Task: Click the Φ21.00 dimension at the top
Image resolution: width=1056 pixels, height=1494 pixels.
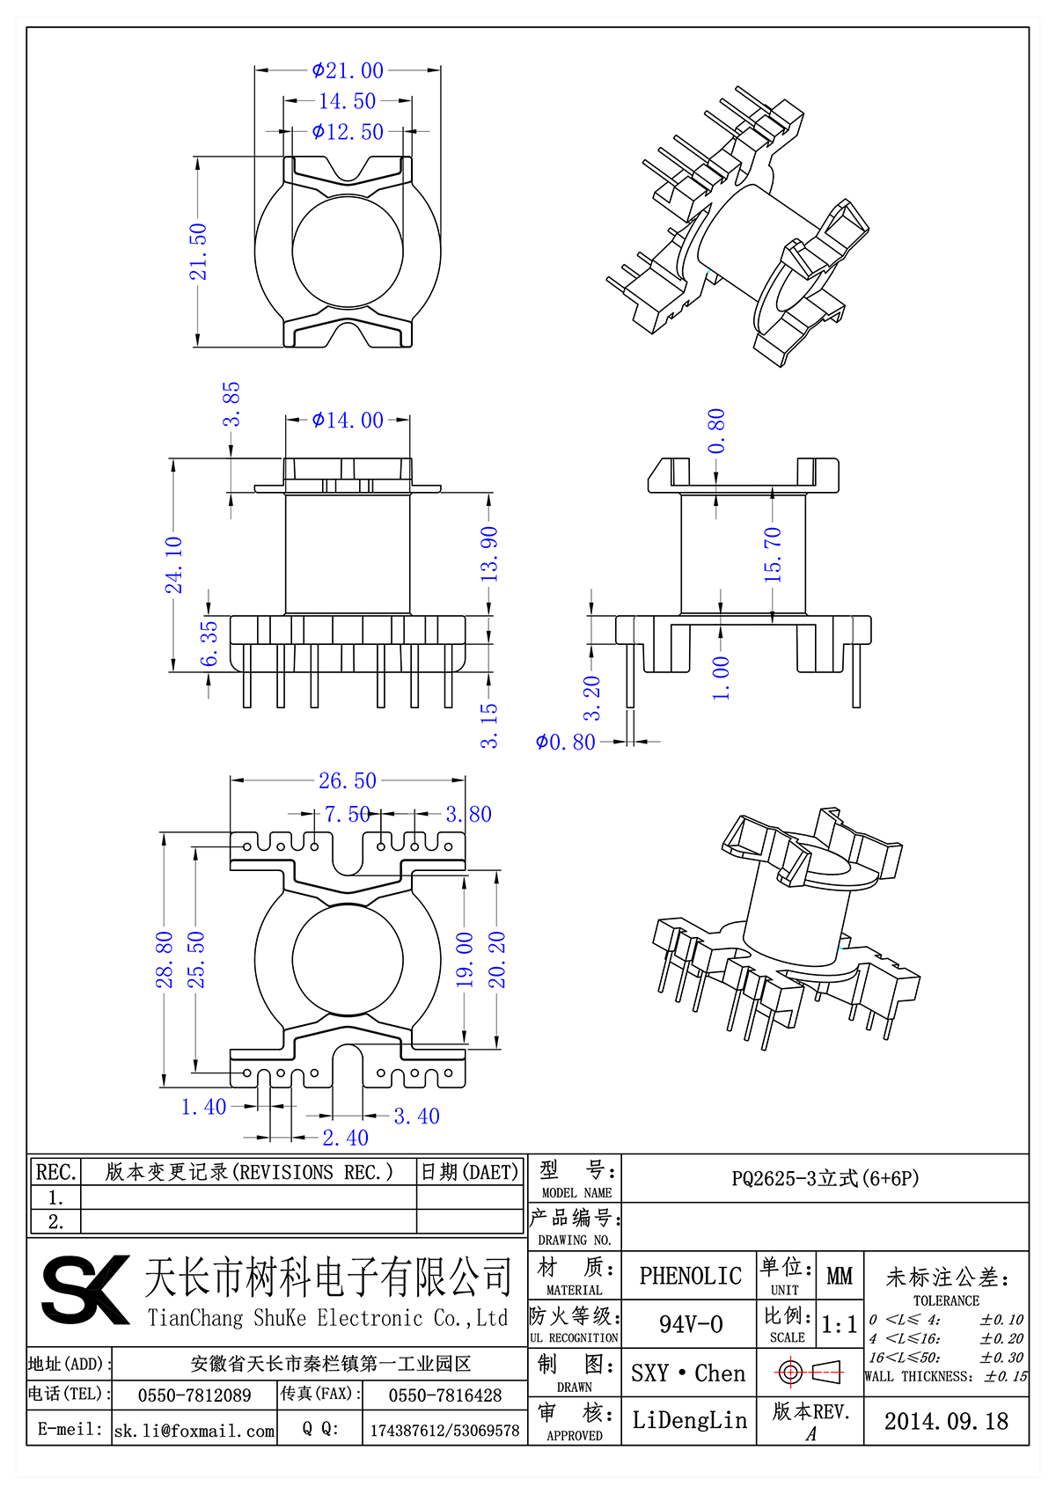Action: pos(348,70)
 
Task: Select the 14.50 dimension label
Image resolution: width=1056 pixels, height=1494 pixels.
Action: pos(347,101)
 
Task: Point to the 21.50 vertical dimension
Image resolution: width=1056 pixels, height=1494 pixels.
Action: pos(199,252)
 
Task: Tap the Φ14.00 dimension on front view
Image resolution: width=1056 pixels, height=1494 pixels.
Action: pos(348,421)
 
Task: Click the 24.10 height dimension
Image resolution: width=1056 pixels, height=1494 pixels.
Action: pos(174,564)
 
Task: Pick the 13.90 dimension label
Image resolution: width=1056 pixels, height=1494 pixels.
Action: pos(489,553)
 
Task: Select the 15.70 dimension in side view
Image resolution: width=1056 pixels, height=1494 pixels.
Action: pos(773,554)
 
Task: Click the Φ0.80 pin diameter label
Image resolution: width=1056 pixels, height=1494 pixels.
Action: pos(566,743)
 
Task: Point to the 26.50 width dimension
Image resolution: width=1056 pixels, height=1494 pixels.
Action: pos(347,780)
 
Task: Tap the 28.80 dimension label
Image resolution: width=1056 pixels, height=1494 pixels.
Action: pos(165,959)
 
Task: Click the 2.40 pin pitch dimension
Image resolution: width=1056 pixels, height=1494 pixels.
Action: pos(345,1138)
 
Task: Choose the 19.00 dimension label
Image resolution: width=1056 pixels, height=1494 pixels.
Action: pos(465,959)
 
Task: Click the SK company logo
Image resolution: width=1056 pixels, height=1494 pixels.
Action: pos(84,1290)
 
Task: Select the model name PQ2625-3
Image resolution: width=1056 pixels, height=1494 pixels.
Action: pos(825,1178)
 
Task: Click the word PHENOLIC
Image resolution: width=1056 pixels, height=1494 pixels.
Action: pos(690,1276)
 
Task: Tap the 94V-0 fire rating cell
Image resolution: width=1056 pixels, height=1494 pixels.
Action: pos(690,1324)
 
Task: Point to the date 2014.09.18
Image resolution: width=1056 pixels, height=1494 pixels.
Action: pos(946,1421)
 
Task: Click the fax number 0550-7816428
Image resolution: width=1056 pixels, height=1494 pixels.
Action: pos(444,1395)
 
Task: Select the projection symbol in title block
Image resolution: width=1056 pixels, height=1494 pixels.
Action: pos(810,1372)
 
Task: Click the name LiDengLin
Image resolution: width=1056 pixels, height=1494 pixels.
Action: pos(689,1420)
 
